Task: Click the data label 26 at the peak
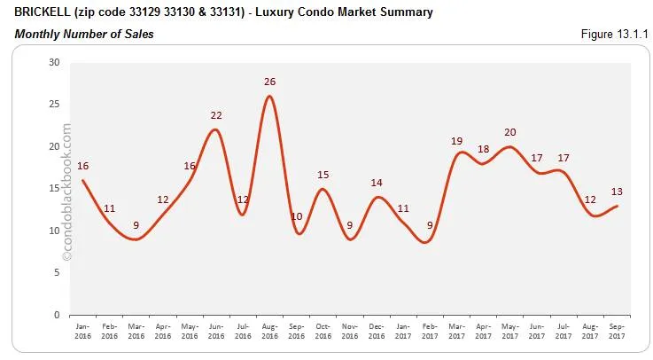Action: click(269, 82)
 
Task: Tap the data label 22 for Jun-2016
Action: click(215, 115)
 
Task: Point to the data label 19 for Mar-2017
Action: click(456, 140)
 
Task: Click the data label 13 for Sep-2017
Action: click(617, 191)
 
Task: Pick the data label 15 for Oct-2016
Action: click(323, 175)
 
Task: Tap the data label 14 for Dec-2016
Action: click(377, 183)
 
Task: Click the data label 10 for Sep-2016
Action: click(297, 216)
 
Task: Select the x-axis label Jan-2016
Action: click(83, 330)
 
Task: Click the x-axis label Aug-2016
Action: click(270, 330)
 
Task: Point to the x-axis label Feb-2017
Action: click(430, 330)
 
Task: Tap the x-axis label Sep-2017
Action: click(617, 330)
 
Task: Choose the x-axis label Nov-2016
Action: click(350, 330)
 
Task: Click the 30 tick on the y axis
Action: click(54, 62)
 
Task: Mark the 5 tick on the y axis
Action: click(57, 272)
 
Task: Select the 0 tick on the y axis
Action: click(57, 314)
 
